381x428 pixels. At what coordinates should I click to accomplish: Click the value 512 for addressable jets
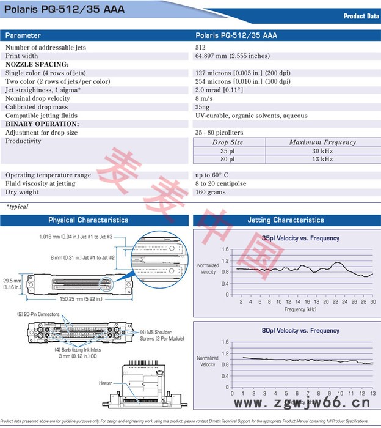[x=201, y=47]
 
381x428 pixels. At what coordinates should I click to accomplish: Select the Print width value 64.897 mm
[x=232, y=56]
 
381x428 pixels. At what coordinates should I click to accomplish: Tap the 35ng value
[x=203, y=107]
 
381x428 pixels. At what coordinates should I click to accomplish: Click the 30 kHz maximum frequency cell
[x=322, y=150]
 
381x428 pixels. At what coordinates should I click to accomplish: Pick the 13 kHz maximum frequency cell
[x=322, y=159]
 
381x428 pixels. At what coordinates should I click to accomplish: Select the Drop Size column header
[x=227, y=142]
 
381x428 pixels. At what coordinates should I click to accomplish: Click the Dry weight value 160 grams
[x=211, y=192]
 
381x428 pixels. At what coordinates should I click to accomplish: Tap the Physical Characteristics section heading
[x=89, y=220]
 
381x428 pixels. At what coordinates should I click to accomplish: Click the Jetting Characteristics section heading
[x=286, y=220]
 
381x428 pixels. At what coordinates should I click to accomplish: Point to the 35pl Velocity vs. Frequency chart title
[x=292, y=238]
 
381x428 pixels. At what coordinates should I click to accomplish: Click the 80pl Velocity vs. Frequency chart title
[x=292, y=331]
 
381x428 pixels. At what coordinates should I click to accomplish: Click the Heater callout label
[x=105, y=383]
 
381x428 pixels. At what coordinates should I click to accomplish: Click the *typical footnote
[x=17, y=207]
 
